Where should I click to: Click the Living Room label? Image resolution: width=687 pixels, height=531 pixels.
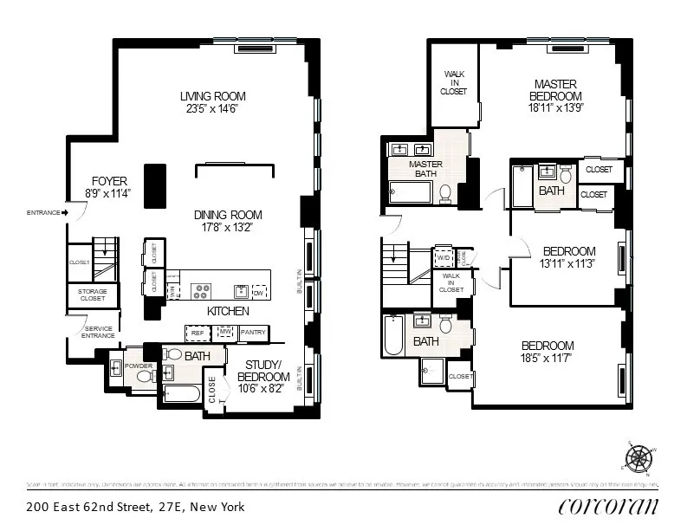[x=213, y=96]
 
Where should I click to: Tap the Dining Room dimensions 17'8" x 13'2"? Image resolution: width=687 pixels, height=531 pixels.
[x=228, y=228]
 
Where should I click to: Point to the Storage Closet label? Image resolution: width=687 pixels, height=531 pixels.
[x=92, y=295]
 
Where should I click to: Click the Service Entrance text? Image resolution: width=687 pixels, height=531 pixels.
[x=98, y=332]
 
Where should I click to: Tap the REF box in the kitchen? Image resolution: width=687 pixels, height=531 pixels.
[x=197, y=332]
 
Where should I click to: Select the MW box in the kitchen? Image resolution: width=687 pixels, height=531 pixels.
[x=224, y=332]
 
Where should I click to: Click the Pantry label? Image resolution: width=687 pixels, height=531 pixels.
[x=253, y=332]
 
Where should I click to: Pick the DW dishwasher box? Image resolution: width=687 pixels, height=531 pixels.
[x=259, y=291]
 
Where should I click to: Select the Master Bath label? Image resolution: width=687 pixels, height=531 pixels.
[x=425, y=169]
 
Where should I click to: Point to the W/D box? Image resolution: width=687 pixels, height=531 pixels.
[x=444, y=257]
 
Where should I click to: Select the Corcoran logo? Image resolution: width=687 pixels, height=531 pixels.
[x=607, y=507]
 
